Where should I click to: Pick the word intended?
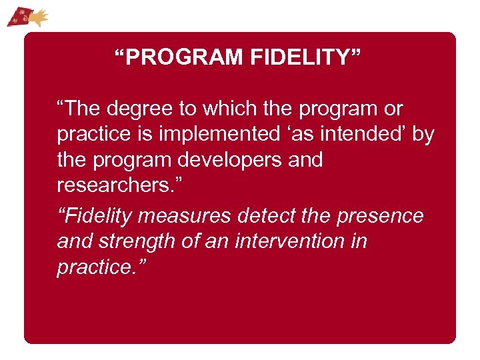[x=365, y=134]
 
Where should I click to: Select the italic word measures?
[x=179, y=215]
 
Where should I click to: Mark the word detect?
[x=267, y=215]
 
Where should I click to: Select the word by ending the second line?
[x=423, y=134]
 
